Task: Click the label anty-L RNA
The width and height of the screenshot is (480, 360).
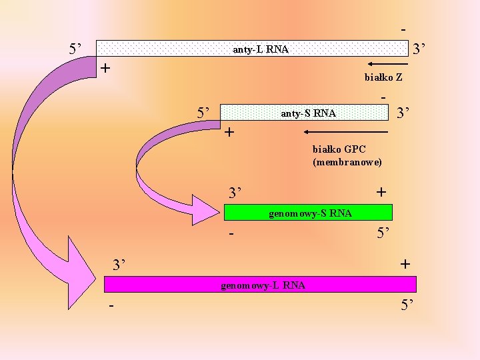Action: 260,49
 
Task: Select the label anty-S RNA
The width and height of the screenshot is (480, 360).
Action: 308,113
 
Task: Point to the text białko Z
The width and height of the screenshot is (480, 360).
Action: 383,77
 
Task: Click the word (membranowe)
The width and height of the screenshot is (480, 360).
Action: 347,162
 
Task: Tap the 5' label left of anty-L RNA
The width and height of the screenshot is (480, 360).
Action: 76,49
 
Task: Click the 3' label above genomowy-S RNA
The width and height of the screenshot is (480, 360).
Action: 235,193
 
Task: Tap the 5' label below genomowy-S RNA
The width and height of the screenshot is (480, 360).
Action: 385,234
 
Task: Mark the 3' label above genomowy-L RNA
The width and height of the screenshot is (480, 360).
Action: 119,265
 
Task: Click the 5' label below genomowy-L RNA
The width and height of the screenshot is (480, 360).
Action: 408,306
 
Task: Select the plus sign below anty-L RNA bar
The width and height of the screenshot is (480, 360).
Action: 105,68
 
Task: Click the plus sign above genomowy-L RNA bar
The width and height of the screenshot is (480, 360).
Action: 405,264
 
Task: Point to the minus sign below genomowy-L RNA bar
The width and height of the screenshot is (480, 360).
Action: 111,306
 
